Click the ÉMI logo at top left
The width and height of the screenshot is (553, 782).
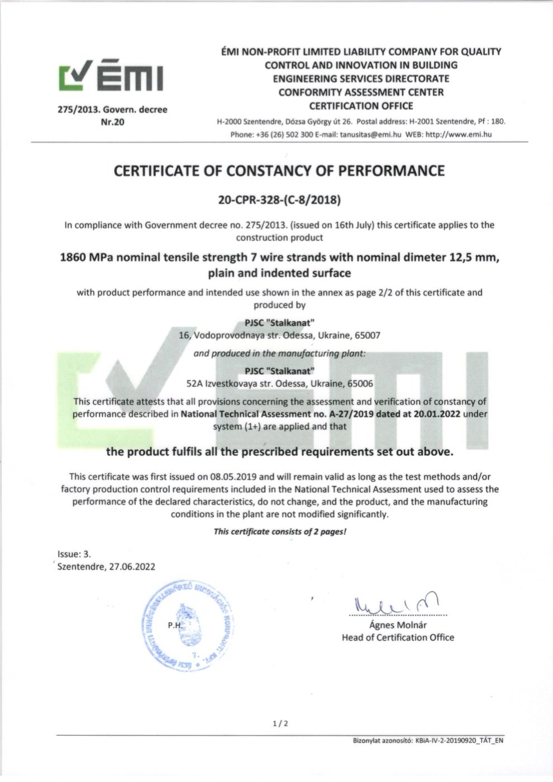click(x=112, y=77)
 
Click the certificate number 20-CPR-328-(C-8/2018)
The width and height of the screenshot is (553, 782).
click(x=279, y=199)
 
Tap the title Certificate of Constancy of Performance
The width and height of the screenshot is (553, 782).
click(x=279, y=171)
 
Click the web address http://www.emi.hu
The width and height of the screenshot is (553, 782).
click(x=459, y=134)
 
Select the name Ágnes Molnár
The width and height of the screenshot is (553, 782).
click(x=398, y=625)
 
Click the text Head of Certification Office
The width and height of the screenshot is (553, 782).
click(x=398, y=637)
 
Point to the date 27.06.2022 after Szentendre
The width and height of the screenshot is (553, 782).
click(x=132, y=566)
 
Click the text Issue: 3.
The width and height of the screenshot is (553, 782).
click(x=74, y=554)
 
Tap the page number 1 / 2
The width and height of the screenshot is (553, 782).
click(x=280, y=724)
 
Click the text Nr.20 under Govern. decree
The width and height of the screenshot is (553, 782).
click(x=112, y=122)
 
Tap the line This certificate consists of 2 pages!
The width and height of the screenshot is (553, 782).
click(x=280, y=531)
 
